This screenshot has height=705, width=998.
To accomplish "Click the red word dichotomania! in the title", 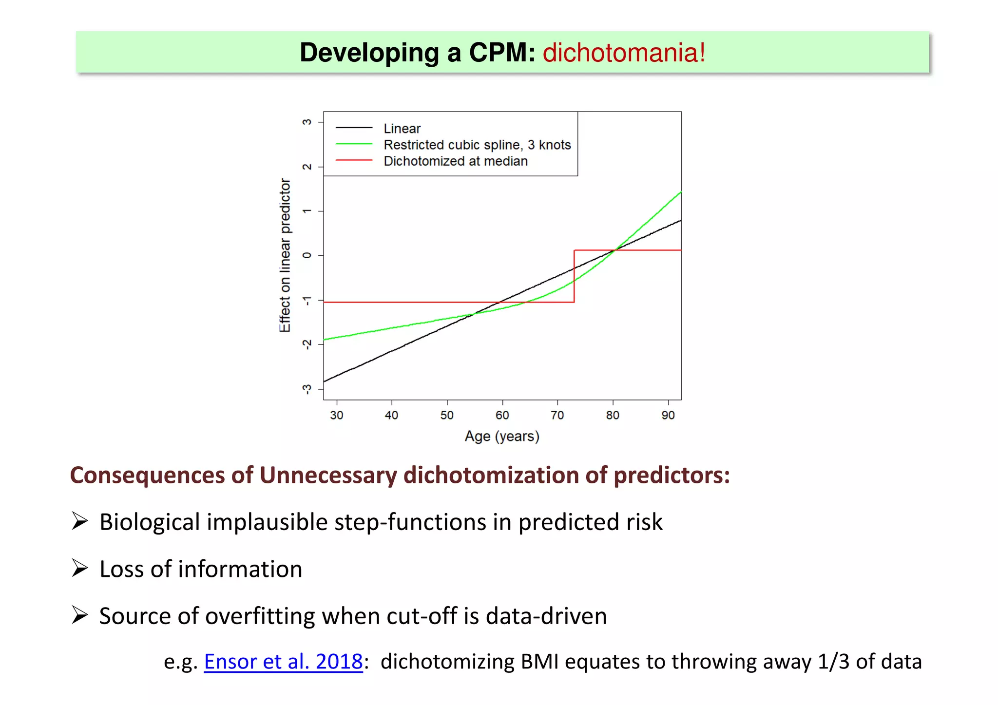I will [x=624, y=53].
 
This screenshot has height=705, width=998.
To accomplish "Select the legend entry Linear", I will [x=402, y=129].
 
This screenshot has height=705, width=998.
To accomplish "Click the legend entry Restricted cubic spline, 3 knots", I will [x=477, y=145].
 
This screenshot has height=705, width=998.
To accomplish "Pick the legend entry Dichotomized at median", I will [x=456, y=161].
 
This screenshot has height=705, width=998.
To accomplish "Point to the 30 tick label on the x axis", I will [x=337, y=415].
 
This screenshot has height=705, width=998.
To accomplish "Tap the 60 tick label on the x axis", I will [x=502, y=415].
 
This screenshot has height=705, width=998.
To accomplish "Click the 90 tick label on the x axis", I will [x=668, y=415].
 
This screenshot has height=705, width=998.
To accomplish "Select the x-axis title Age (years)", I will [x=502, y=436].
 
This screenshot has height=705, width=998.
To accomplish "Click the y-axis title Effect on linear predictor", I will [x=285, y=255].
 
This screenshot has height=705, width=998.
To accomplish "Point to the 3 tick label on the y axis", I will [x=307, y=122].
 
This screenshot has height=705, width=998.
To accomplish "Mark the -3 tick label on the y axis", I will [x=307, y=389].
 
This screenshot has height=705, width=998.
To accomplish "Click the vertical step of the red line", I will [x=574, y=276].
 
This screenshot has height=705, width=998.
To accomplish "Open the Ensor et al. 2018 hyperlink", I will [x=283, y=662].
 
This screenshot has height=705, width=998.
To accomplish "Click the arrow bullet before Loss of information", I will [x=79, y=568].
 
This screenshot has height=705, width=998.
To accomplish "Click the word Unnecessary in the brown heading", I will [x=328, y=475].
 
